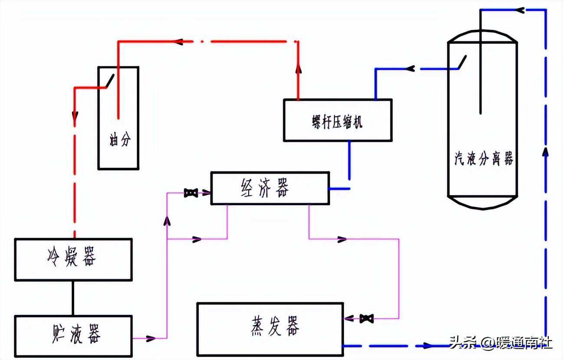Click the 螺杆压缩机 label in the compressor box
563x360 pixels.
pyautogui.click(x=337, y=122)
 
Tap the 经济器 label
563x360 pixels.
pyautogui.click(x=264, y=188)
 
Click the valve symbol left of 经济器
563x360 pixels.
pyautogui.click(x=190, y=193)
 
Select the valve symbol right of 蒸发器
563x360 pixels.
pyautogui.click(x=367, y=319)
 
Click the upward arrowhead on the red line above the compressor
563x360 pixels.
pyautogui.click(x=298, y=69)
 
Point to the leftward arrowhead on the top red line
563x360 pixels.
pyautogui.click(x=178, y=42)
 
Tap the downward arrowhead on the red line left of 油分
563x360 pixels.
pyautogui.click(x=75, y=116)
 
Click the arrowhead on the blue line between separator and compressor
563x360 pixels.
pyautogui.click(x=410, y=69)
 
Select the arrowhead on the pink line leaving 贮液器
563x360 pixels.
pyautogui.click(x=151, y=338)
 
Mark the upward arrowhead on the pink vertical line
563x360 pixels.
pyautogui.click(x=167, y=222)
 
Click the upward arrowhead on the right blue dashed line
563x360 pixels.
pyautogui.click(x=546, y=152)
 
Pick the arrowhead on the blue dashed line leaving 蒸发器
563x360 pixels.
pyautogui.click(x=428, y=346)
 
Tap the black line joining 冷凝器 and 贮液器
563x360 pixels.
pyautogui.click(x=73, y=298)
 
